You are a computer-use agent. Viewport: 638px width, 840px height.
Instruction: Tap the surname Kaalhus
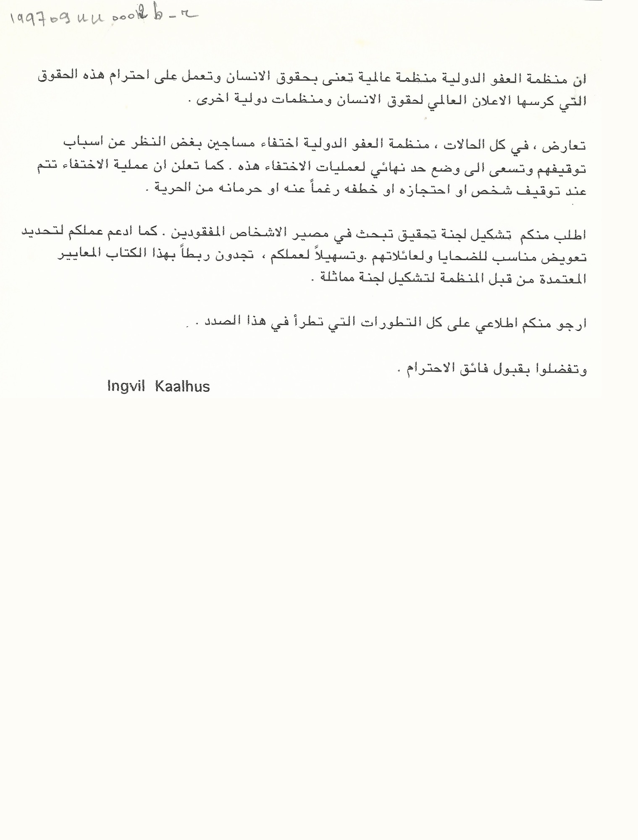click(x=182, y=386)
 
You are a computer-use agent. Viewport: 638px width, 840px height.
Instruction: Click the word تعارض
click(x=567, y=146)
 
